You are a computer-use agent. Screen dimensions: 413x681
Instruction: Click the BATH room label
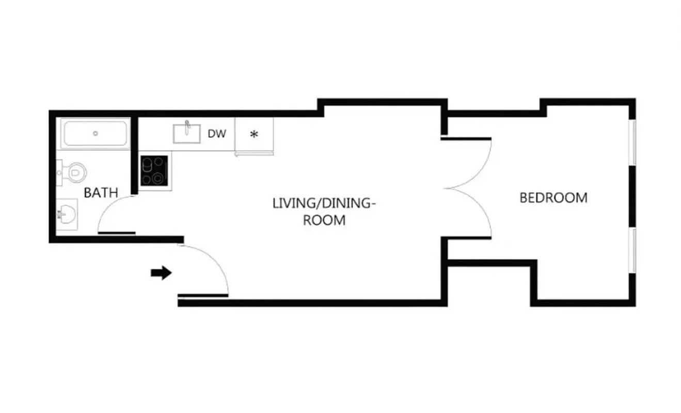101,193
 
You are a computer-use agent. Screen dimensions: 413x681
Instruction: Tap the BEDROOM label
553,198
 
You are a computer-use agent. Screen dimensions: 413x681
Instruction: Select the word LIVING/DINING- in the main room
324,203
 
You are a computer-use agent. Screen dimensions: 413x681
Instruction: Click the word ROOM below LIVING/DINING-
324,220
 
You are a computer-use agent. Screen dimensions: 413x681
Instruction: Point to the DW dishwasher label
217,134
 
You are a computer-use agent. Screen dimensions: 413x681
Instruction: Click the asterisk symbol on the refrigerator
254,135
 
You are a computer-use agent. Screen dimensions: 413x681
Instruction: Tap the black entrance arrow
161,273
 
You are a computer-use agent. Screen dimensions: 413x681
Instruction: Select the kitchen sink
186,134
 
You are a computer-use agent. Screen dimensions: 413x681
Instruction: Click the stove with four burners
154,171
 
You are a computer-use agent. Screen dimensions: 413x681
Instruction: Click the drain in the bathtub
96,134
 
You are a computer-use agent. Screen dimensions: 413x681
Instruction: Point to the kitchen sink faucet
187,125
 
